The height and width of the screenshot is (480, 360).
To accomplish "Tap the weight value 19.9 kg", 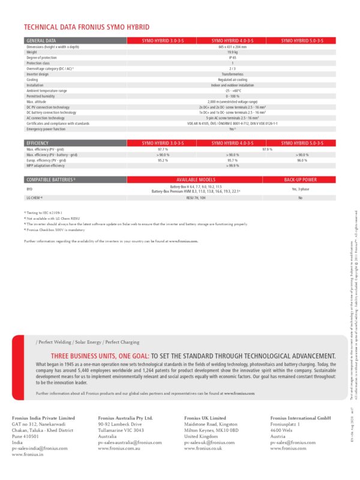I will tap(232, 52).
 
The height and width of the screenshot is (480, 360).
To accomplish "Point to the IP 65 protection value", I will tap(232, 58).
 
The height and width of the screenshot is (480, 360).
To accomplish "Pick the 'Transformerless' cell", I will tap(232, 74).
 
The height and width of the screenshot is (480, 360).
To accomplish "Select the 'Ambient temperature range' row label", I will tap(47, 91).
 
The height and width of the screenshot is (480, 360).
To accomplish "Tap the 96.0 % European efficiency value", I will tap(302, 160).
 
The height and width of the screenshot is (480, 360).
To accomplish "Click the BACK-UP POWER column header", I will tap(300, 179).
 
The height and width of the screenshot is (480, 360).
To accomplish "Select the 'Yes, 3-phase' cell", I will tap(300, 188).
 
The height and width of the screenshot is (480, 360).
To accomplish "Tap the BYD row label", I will tap(30, 188).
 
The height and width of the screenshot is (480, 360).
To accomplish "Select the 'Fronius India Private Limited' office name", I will tap(44, 434).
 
